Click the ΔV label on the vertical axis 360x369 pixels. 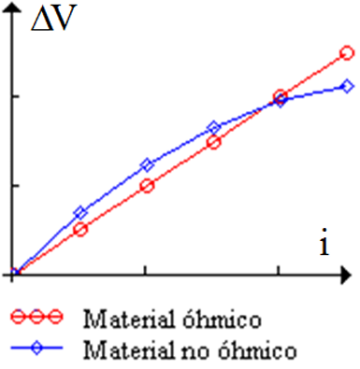point(53,18)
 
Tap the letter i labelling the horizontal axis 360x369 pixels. point(324,242)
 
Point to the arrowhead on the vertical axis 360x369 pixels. point(12,7)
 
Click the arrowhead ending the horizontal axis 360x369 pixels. point(346,275)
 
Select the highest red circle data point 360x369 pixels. point(347,53)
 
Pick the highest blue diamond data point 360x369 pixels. point(347,86)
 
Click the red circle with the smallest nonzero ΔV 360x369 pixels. point(80,230)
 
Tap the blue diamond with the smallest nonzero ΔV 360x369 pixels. point(80,213)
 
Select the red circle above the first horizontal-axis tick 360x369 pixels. point(148,186)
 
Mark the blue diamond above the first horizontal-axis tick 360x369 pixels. point(148,165)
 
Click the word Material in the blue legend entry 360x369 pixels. point(129,349)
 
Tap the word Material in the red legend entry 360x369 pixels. point(129,319)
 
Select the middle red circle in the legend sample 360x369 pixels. point(36,317)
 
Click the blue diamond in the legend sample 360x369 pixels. point(36,348)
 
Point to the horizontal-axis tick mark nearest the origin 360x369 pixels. point(145,270)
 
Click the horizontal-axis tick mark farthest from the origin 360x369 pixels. point(278,270)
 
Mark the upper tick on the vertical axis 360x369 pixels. point(16,96)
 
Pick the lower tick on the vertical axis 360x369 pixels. point(16,186)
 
